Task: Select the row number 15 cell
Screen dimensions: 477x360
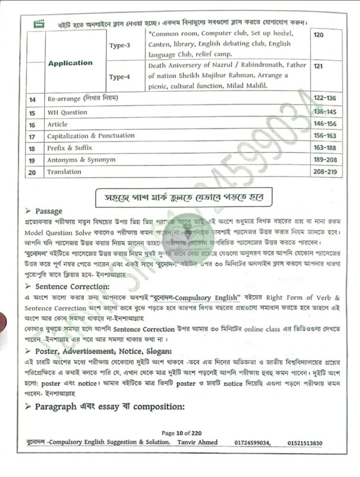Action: [33, 112]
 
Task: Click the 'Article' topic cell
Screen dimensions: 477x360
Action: [58, 125]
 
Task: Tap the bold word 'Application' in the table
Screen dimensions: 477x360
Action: [70, 63]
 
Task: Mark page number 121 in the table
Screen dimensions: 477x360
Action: [318, 64]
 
